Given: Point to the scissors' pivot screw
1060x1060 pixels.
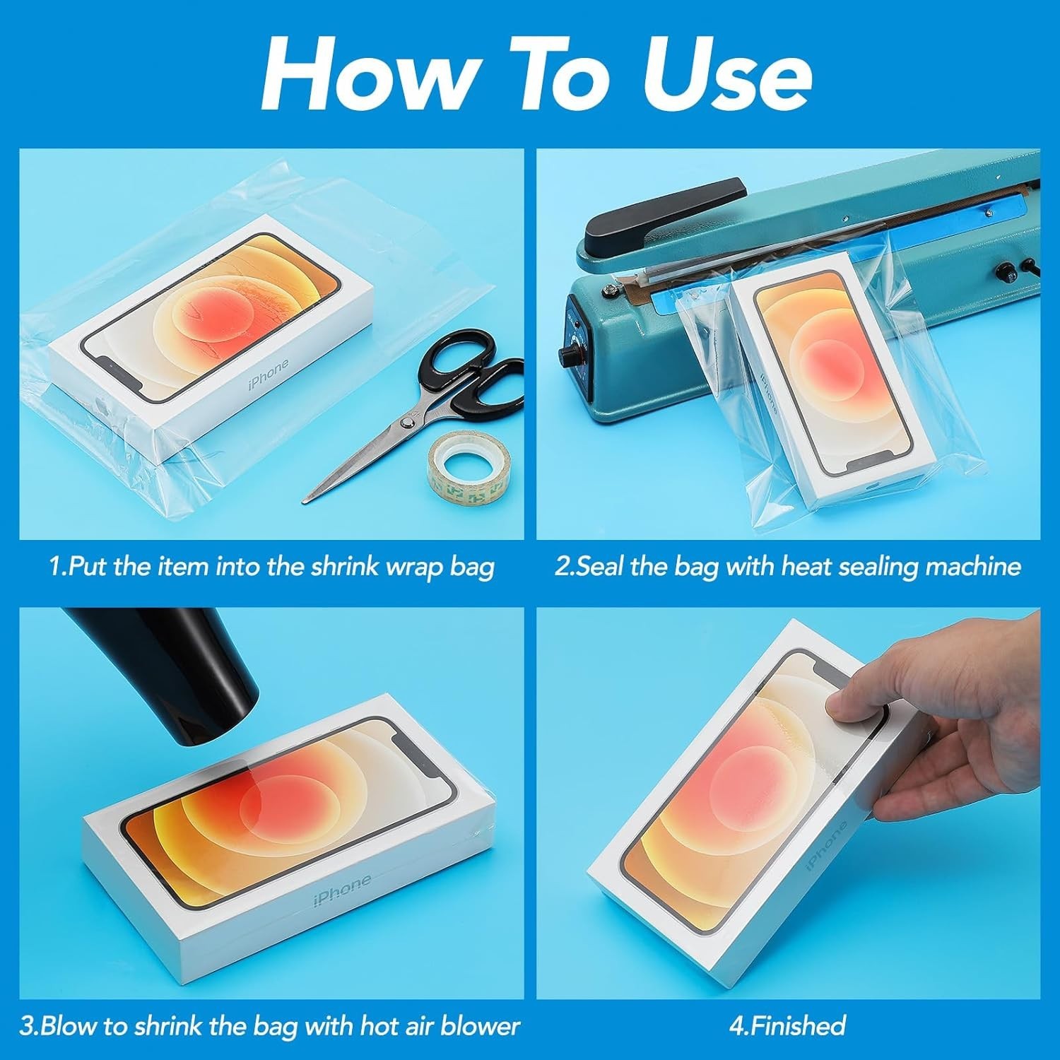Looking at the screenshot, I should click(408, 422).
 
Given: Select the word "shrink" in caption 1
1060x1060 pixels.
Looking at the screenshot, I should click(346, 567).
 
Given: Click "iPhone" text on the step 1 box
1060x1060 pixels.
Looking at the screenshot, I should click(269, 375).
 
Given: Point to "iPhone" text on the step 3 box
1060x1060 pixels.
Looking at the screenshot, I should click(342, 890).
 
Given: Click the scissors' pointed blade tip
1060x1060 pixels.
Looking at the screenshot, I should click(306, 500).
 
